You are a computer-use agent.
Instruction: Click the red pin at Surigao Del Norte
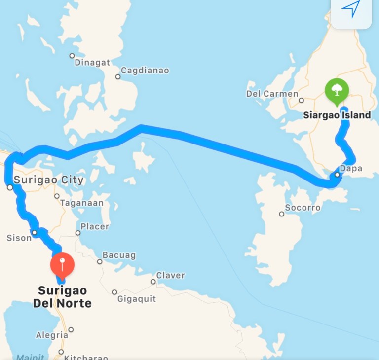coord(62,265)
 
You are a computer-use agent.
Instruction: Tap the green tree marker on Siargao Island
coord(337,91)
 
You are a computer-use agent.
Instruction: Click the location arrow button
coord(351,9)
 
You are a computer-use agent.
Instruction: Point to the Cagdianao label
coord(145,71)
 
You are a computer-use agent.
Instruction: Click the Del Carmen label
coord(272,94)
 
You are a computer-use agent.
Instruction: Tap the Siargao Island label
coord(336,115)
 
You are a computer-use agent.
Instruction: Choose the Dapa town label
coord(351,168)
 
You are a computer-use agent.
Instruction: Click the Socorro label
coord(303,208)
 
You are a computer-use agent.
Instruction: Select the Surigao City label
coord(48,180)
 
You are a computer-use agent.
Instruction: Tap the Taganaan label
coord(81,203)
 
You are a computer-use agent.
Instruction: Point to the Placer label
coord(95,226)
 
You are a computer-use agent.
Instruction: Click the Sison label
coord(19,238)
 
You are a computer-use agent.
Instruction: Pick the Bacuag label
coord(118,255)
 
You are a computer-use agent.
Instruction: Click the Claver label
coord(170,275)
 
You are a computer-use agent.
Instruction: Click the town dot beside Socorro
coord(281,214)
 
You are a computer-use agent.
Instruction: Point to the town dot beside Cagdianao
coord(118,76)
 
